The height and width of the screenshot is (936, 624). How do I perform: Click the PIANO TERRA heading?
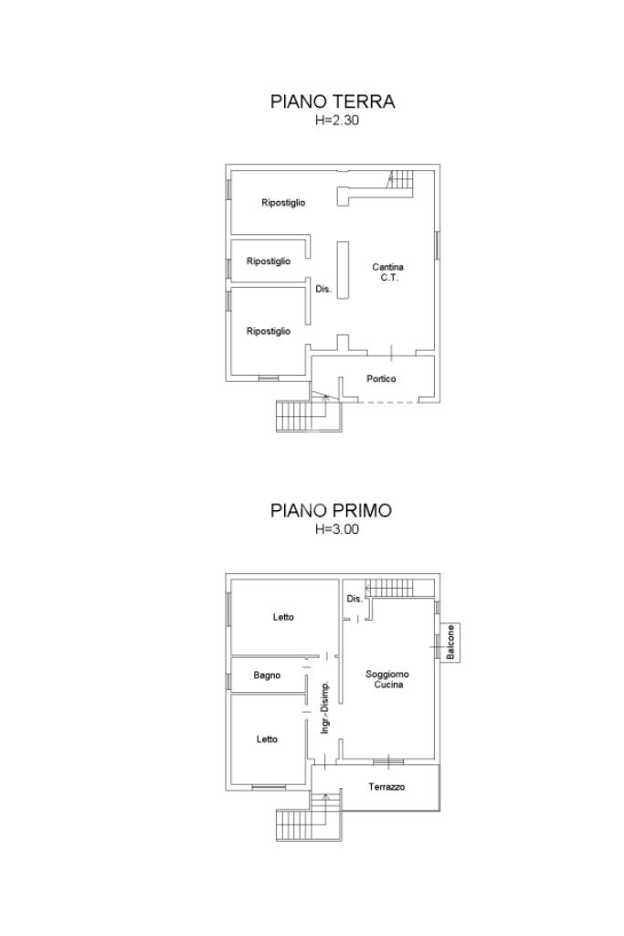(x=333, y=101)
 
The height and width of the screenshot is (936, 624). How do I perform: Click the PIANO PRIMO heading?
(x=331, y=510)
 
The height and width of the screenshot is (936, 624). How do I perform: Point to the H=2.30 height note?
(x=337, y=120)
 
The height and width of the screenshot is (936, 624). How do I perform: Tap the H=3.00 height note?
(x=337, y=529)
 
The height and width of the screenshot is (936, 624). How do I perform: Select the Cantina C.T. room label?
(x=387, y=272)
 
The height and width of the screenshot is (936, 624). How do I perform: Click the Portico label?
(x=381, y=378)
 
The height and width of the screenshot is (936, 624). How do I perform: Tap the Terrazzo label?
(x=386, y=787)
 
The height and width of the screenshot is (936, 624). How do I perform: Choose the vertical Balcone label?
(x=451, y=643)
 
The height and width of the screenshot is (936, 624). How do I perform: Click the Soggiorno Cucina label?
(x=387, y=679)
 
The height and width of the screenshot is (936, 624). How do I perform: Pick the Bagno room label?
(x=267, y=675)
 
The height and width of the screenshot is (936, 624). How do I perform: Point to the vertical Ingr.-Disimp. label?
(x=325, y=707)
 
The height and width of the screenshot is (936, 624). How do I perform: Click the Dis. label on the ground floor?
(x=323, y=289)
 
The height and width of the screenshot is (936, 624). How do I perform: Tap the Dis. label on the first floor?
(x=354, y=599)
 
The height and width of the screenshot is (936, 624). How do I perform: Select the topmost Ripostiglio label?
(x=283, y=203)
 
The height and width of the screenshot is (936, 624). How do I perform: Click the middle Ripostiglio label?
(x=269, y=261)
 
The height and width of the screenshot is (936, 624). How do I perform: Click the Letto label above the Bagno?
(x=283, y=617)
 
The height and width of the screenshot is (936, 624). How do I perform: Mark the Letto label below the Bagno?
(x=267, y=739)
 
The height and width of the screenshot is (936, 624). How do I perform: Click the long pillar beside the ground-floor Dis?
(x=343, y=270)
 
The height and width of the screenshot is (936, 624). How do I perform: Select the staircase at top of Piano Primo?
(x=399, y=588)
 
